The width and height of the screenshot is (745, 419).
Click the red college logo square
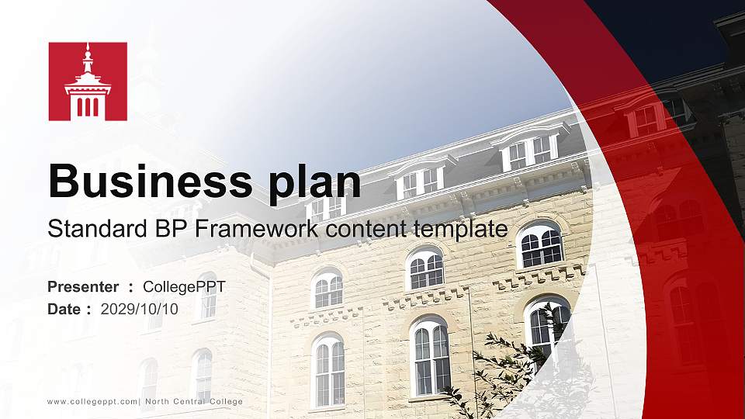coord(88,81)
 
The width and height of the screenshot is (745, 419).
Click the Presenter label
coord(83,287)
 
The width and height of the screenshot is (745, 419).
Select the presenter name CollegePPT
coord(184,287)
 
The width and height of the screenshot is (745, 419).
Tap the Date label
coord(64,309)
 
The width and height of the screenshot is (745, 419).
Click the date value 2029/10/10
coord(139,309)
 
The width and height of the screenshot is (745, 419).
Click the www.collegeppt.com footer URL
coord(92,401)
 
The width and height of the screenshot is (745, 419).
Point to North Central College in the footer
coord(193,401)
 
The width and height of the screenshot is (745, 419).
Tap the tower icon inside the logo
coord(88,84)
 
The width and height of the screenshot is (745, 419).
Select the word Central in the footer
coord(193,401)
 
